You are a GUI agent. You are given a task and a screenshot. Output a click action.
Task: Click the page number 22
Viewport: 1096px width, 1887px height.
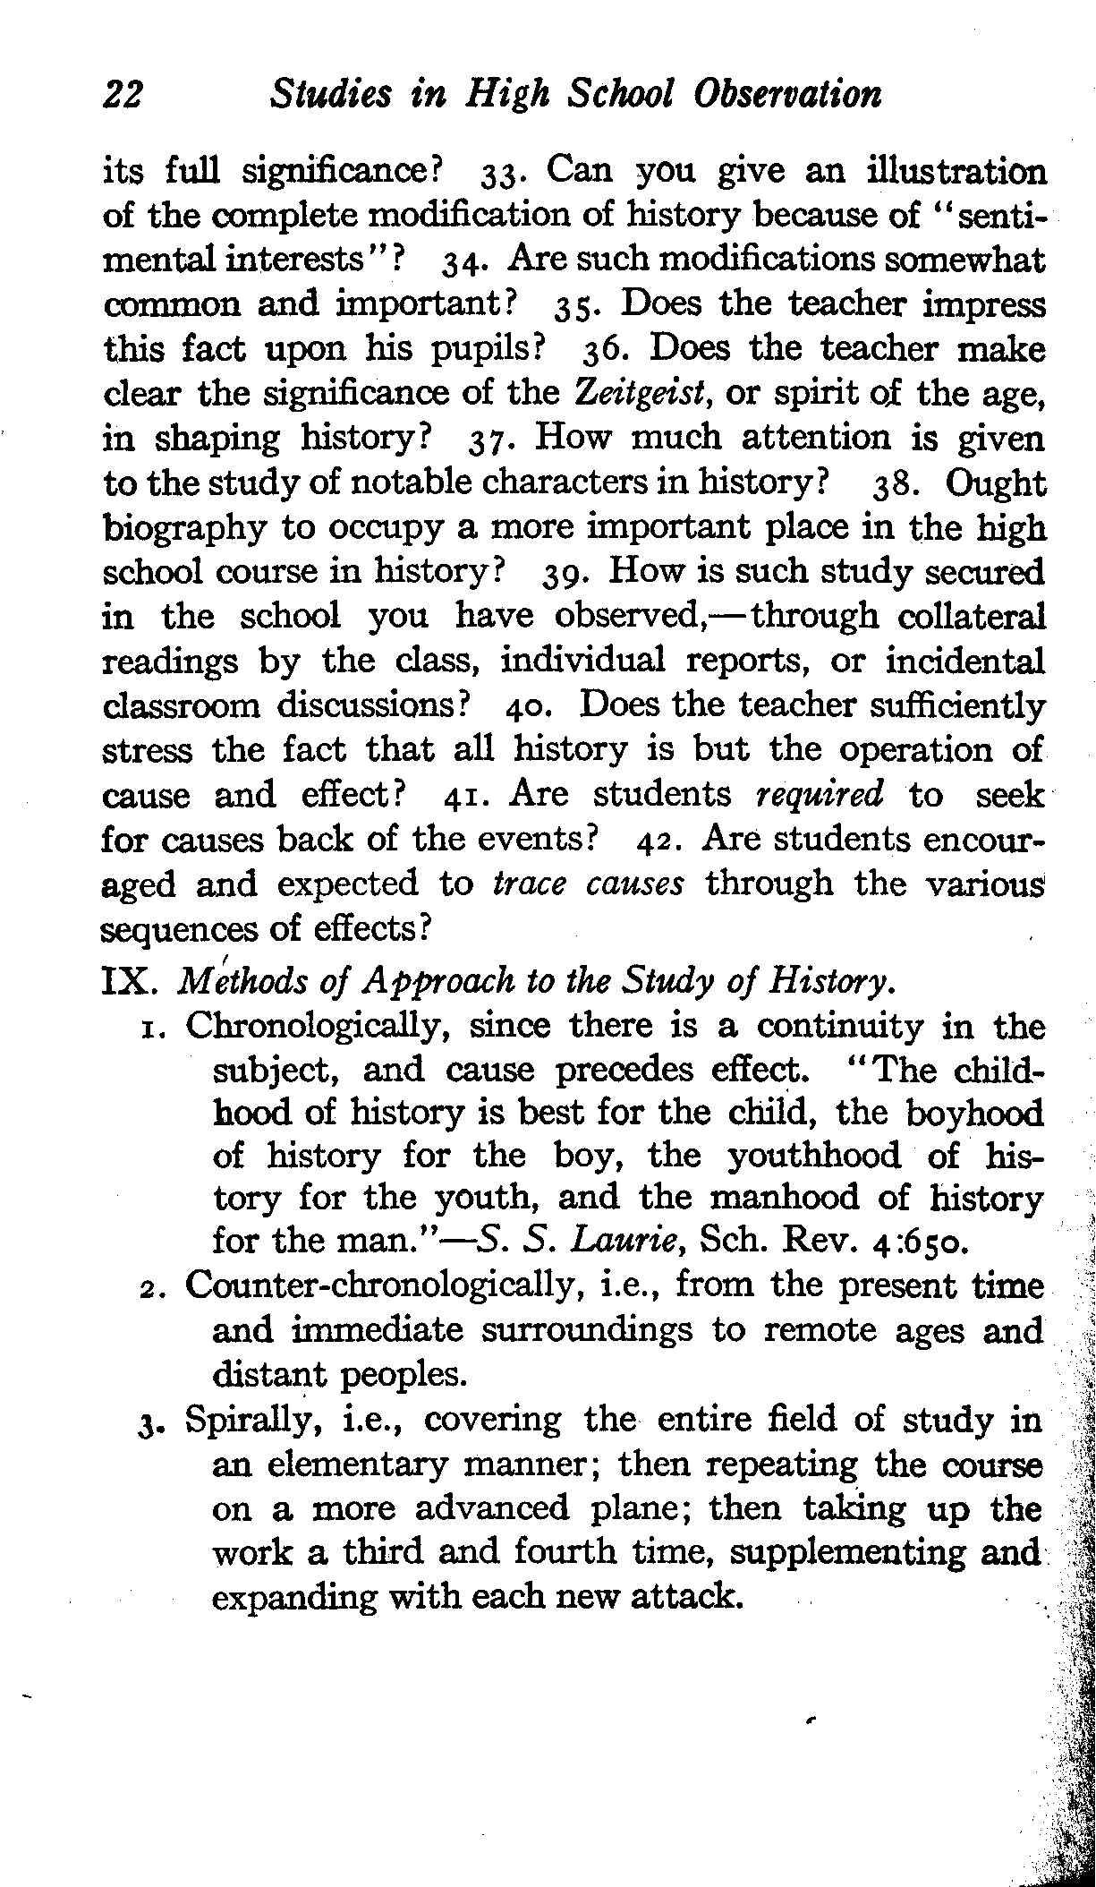(x=125, y=94)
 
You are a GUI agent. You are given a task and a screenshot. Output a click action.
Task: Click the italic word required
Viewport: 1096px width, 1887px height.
(x=820, y=794)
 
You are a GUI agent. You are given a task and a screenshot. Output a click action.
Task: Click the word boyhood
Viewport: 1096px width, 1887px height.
(x=974, y=1113)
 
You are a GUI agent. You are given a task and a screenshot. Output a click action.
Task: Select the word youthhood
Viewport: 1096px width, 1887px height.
(x=813, y=1156)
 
